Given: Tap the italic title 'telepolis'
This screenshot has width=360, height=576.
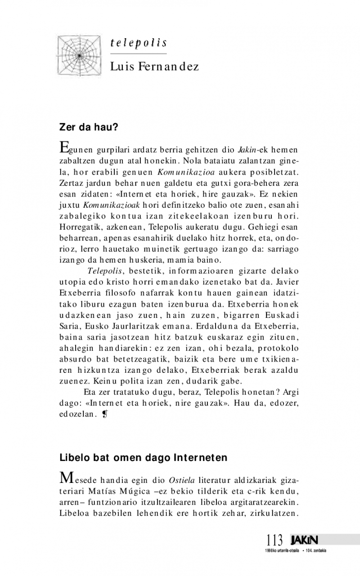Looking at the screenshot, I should click(139, 43).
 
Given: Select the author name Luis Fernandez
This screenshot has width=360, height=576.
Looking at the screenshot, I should click(154, 67).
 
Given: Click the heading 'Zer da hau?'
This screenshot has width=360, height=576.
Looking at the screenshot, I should click(89, 127).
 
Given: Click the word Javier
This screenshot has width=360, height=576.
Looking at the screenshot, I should click(288, 281).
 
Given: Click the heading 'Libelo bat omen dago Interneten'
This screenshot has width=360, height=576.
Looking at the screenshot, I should click(144, 458).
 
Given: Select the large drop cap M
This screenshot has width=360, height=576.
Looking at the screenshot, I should click(67, 477).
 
